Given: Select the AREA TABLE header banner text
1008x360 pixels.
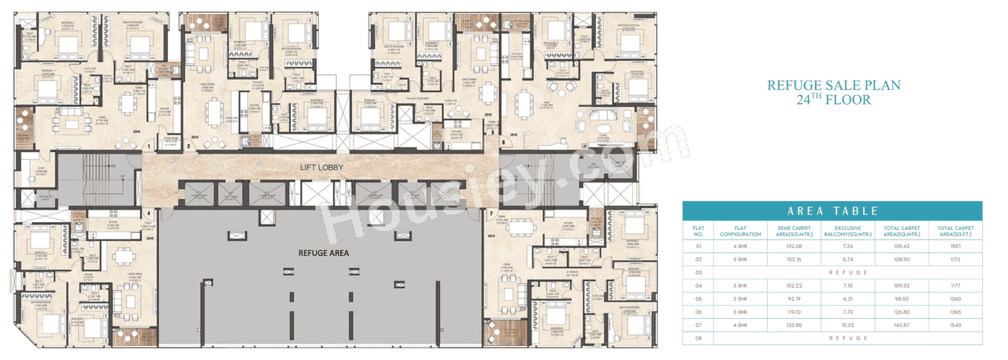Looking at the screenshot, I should click(x=832, y=211).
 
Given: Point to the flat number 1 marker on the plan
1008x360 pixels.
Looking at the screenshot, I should click(x=149, y=147).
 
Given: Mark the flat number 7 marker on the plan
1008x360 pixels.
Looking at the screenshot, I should click(x=490, y=213).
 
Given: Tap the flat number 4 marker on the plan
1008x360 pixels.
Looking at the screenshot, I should click(x=149, y=213).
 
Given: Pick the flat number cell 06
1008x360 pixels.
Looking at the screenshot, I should click(x=697, y=311).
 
